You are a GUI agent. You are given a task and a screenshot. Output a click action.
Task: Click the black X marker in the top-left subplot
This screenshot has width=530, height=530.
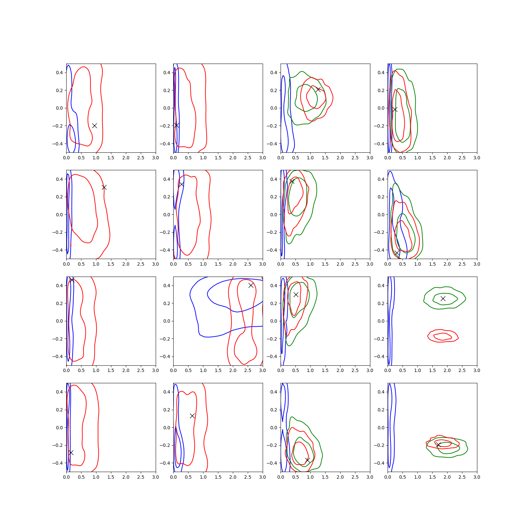click(94, 126)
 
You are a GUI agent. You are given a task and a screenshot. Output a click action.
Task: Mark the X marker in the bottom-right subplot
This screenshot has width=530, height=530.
click(438, 445)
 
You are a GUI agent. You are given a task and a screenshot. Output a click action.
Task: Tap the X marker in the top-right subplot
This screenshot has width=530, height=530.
click(395, 109)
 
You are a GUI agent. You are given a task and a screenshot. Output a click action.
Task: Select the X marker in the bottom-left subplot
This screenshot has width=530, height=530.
click(71, 452)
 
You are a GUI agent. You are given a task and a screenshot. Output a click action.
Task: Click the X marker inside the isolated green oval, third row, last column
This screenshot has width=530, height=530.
click(443, 298)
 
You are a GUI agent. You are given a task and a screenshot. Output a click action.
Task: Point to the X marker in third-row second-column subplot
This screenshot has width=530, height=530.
click(251, 285)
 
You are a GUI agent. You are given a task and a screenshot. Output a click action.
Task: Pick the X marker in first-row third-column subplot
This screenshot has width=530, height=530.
click(318, 89)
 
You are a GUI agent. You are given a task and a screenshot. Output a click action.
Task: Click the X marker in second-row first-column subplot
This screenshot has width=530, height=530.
click(104, 187)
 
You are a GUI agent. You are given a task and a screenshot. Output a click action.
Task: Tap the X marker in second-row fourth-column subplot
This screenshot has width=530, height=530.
click(397, 253)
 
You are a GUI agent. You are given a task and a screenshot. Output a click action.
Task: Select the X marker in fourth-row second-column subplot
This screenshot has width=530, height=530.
click(192, 416)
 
